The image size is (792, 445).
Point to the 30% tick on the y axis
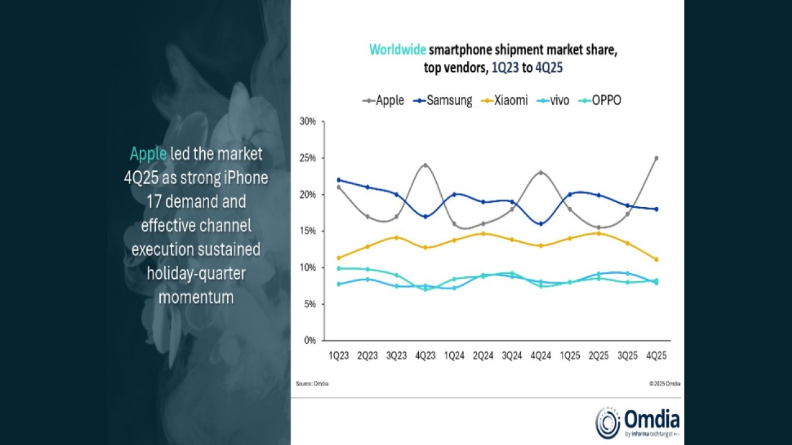click(308, 122)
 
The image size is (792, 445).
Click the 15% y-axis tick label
click(308, 231)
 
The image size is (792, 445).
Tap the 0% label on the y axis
click(309, 341)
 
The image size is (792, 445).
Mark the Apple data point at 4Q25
click(656, 158)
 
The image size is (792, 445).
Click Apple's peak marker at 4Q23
click(425, 166)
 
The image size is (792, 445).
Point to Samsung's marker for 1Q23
click(338, 180)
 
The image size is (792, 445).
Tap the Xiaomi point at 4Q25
click(656, 260)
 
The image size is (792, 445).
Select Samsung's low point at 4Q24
click(541, 224)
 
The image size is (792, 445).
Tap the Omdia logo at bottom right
click(638, 423)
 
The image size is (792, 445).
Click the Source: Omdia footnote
click(313, 384)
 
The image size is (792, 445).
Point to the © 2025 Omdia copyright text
click(665, 384)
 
